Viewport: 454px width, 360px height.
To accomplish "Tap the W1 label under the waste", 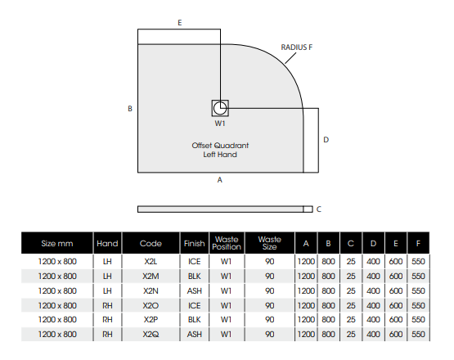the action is click(220, 124).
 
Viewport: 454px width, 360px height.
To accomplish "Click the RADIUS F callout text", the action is click(297, 47).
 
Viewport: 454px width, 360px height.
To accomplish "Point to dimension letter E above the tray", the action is click(180, 23).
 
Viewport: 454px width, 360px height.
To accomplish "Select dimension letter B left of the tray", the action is click(130, 109).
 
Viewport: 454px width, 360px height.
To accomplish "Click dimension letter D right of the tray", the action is click(326, 140).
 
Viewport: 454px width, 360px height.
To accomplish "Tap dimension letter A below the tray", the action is click(220, 180).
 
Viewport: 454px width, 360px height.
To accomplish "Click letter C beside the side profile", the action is click(319, 209).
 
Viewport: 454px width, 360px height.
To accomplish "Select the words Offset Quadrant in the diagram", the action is click(220, 146).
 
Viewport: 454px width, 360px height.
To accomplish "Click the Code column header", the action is click(151, 243).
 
